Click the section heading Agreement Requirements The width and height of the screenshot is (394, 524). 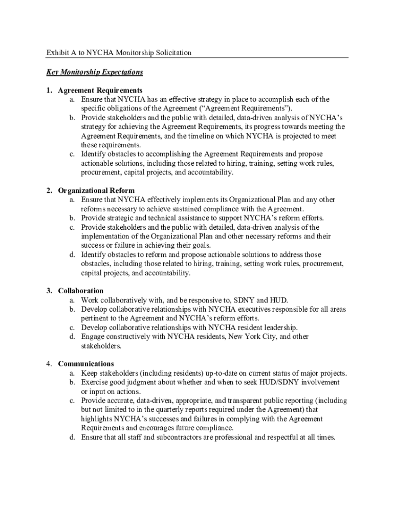100,91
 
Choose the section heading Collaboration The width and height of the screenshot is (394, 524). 81,291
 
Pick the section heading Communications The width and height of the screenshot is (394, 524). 86,364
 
